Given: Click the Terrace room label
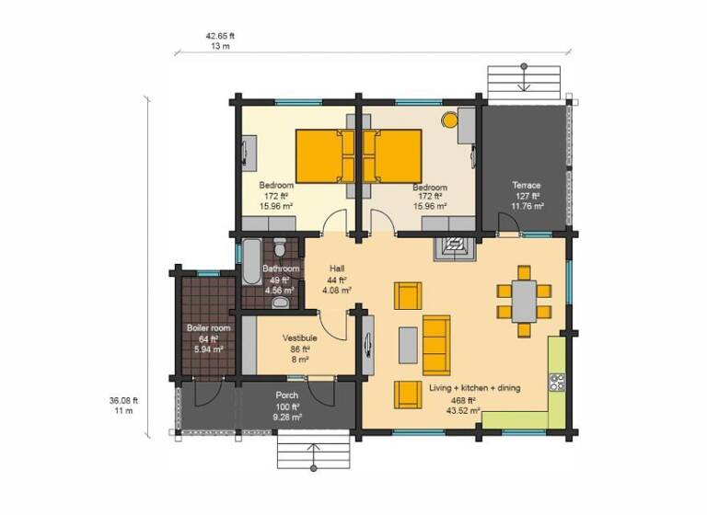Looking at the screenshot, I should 527,185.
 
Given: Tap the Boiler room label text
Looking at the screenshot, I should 208,327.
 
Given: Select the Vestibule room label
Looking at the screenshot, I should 300,338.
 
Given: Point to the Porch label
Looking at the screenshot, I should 286,395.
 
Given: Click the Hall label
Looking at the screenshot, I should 337,269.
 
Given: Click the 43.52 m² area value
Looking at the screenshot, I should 463,411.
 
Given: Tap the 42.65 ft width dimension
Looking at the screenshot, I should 221,35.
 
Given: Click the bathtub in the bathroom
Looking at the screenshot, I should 251,263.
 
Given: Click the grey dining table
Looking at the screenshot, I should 523,301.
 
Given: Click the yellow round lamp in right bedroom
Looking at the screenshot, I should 450,119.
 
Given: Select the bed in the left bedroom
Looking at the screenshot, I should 321,154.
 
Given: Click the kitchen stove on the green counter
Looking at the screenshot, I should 557,379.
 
